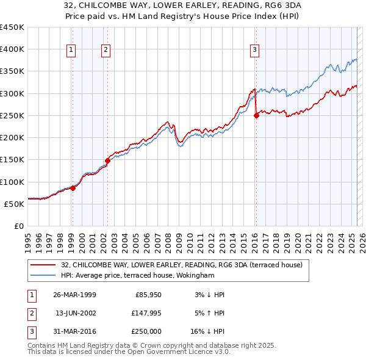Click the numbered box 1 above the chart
point(72,50)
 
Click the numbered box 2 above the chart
point(106,50)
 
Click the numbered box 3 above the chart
point(254,50)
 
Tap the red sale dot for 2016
point(256,116)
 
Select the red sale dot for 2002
point(107,160)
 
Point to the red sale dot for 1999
point(73,188)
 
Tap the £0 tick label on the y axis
point(18,226)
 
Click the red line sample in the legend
point(43,265)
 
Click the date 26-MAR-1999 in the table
point(74,295)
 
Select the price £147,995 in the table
point(146,313)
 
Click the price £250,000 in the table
point(146,331)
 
